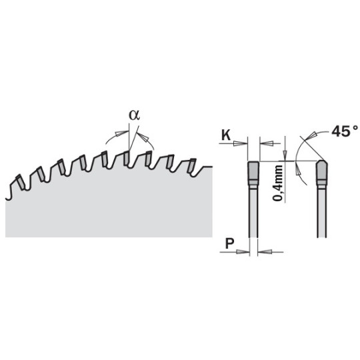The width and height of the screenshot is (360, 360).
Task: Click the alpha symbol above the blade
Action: pos(134,115)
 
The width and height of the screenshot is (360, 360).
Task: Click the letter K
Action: pos(226,135)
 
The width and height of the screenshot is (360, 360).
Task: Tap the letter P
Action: pos(229,243)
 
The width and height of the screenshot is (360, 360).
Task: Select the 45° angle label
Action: pos(345,131)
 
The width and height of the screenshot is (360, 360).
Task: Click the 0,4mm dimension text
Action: pos(277,183)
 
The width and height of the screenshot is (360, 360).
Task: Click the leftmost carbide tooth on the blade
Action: pos(20,182)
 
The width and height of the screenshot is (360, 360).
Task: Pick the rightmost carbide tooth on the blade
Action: pos(191,166)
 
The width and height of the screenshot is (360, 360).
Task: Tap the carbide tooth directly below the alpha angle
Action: pos(126,158)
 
